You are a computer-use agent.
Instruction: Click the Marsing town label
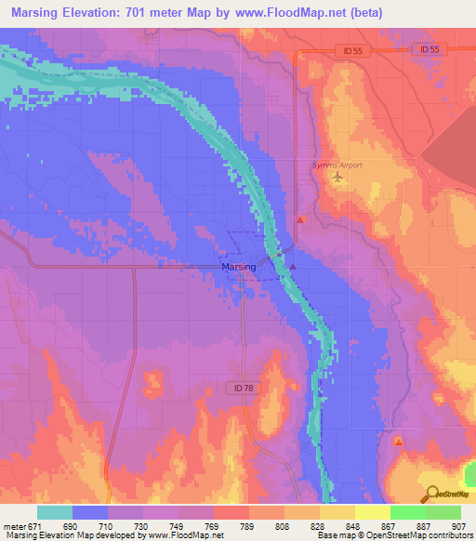pos(238,267)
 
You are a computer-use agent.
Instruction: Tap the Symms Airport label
pos(336,165)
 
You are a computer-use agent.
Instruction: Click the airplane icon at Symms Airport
pos(337,178)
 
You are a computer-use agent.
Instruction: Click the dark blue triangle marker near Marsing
pos(293,266)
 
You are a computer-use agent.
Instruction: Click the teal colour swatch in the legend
pos(55,512)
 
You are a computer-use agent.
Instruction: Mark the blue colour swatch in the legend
pos(91,512)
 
